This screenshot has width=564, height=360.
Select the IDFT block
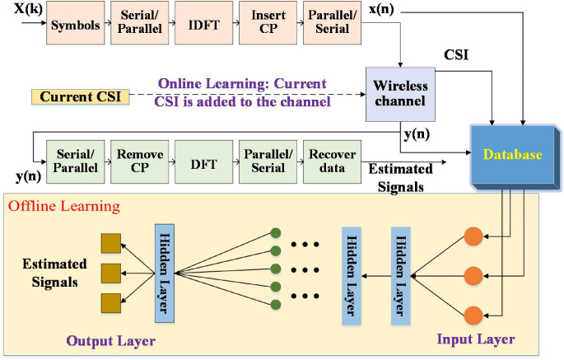click(203, 24)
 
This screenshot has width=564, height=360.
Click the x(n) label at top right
click(379, 8)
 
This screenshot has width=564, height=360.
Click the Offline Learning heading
click(63, 205)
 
